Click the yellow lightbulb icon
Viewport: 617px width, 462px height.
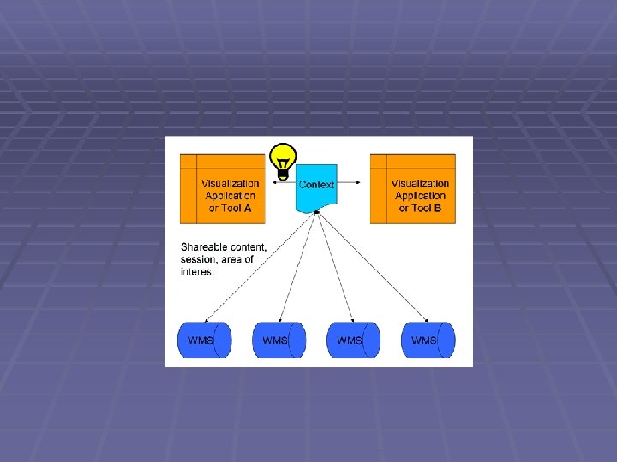coord(283,159)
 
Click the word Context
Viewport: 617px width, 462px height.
coord(316,184)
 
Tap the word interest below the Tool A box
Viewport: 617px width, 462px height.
coord(197,272)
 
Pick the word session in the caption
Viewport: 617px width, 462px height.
coord(197,260)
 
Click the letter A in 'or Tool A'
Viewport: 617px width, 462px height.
coord(249,208)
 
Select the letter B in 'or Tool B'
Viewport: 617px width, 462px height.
coord(438,208)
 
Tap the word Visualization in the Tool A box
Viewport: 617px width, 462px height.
coord(230,183)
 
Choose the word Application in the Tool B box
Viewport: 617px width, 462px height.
coord(420,196)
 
